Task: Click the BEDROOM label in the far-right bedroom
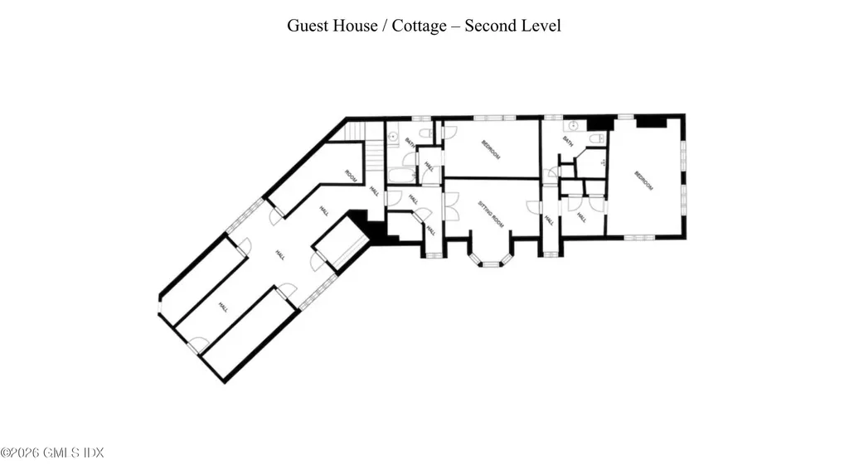(643, 181)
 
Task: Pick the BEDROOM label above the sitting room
(492, 149)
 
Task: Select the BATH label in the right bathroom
(568, 142)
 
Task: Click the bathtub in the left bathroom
(400, 175)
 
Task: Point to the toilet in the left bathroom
(424, 133)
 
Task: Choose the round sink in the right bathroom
(573, 128)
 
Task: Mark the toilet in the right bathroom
(597, 138)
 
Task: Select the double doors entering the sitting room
(451, 206)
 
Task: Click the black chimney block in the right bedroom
(651, 121)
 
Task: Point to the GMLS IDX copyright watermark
(52, 452)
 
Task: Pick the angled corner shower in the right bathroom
(592, 162)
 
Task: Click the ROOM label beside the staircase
(351, 175)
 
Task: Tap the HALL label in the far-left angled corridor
(222, 307)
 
